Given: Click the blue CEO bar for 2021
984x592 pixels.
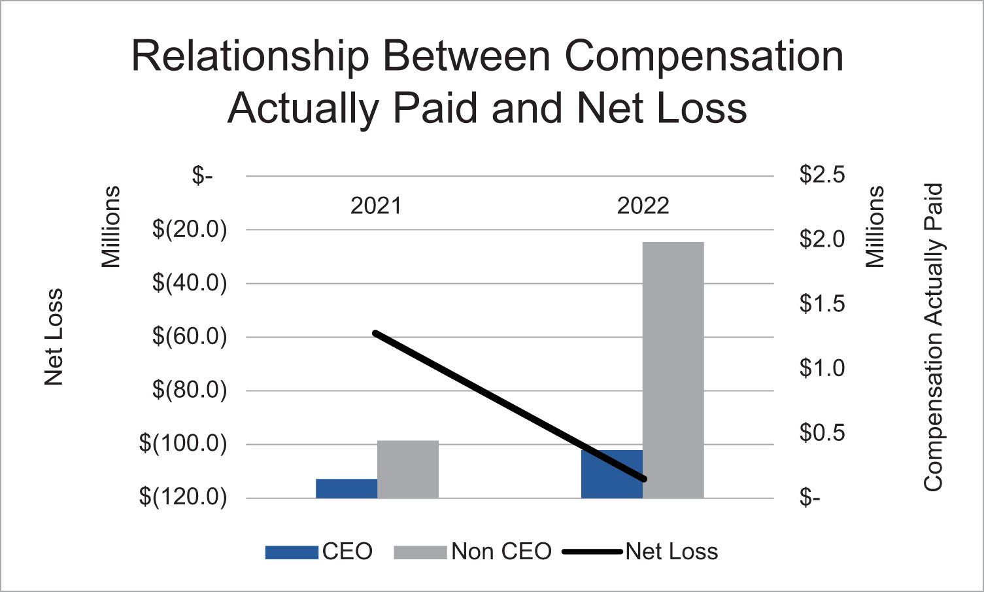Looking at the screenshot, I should pos(347,489).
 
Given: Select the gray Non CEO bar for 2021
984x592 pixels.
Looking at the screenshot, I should pos(408,469).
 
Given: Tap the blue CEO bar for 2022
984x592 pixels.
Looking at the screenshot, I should pos(611,474).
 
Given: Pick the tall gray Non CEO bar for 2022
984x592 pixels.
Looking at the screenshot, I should pos(673,370).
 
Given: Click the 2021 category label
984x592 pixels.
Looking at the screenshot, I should pos(375,206).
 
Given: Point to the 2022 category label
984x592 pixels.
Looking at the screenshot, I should pos(643,206).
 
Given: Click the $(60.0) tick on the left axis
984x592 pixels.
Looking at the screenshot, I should pos(190,337).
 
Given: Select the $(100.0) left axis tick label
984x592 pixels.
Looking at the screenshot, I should pos(183,444).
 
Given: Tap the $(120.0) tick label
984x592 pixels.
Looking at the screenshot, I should pos(183,497).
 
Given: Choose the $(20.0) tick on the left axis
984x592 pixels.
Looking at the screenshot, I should pos(190,230).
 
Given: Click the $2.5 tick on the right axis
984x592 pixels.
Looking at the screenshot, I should pos(822,175).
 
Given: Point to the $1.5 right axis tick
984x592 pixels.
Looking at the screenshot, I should pos(822,304).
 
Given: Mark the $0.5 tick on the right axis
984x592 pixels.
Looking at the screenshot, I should pos(822,433).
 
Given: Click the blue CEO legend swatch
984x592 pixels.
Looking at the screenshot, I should pos(291,552).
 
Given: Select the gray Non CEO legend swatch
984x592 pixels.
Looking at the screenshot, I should pos(420,552).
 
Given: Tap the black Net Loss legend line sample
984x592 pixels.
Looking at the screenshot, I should pos(592,552).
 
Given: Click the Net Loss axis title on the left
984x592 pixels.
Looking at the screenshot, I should pos(54,337).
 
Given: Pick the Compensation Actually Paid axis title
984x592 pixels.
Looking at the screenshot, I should pos(933,337).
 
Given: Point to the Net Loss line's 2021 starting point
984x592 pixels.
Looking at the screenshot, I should pos(375,333).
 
